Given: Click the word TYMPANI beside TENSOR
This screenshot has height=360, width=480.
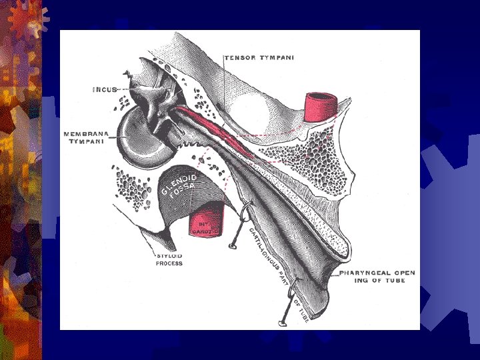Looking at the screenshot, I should click(x=275, y=57).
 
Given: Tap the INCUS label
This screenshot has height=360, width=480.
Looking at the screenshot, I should click(x=105, y=89).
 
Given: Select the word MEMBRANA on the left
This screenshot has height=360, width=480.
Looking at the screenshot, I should click(x=86, y=134).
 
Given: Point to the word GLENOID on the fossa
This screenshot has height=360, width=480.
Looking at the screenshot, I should click(x=179, y=183).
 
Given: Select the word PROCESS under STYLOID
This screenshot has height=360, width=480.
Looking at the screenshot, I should click(x=169, y=263).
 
